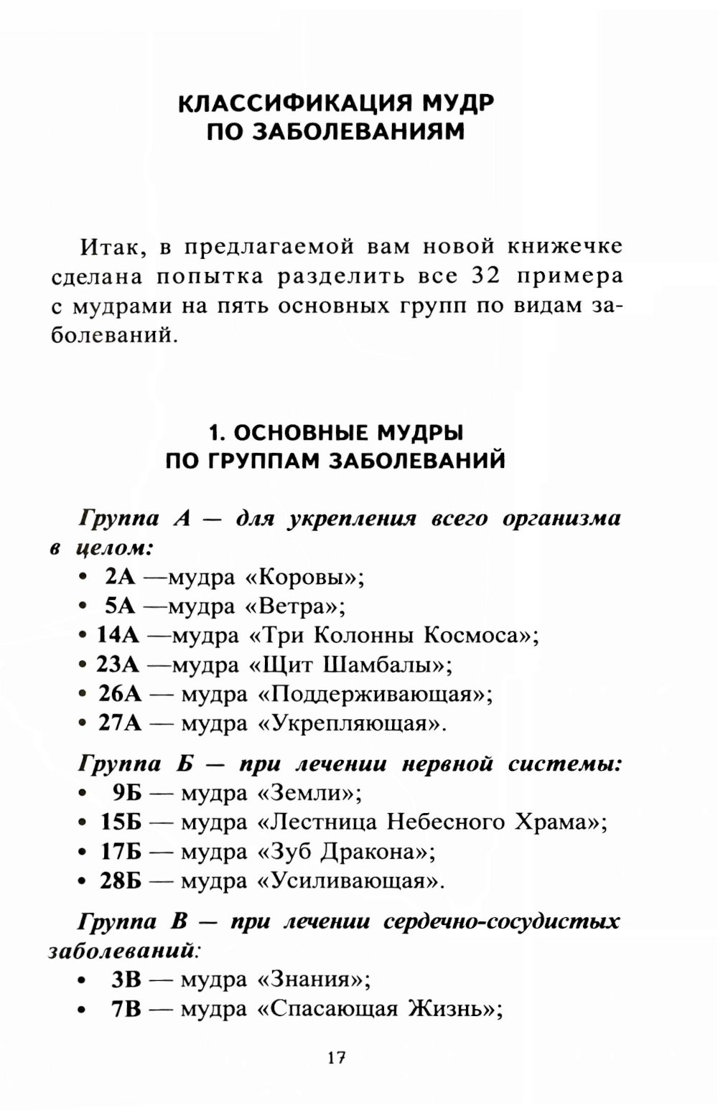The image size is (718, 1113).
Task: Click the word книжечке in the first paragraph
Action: [564, 246]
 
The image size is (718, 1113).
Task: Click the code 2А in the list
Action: [120, 576]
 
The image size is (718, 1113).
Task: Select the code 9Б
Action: [127, 793]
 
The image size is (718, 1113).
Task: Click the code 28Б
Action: [121, 880]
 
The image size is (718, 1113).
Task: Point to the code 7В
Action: [126, 1009]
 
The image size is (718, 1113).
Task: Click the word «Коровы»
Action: [304, 576]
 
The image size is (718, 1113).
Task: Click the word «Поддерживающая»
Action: [374, 694]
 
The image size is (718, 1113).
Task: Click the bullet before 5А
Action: [84, 606]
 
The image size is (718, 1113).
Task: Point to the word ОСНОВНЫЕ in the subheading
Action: [302, 433]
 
